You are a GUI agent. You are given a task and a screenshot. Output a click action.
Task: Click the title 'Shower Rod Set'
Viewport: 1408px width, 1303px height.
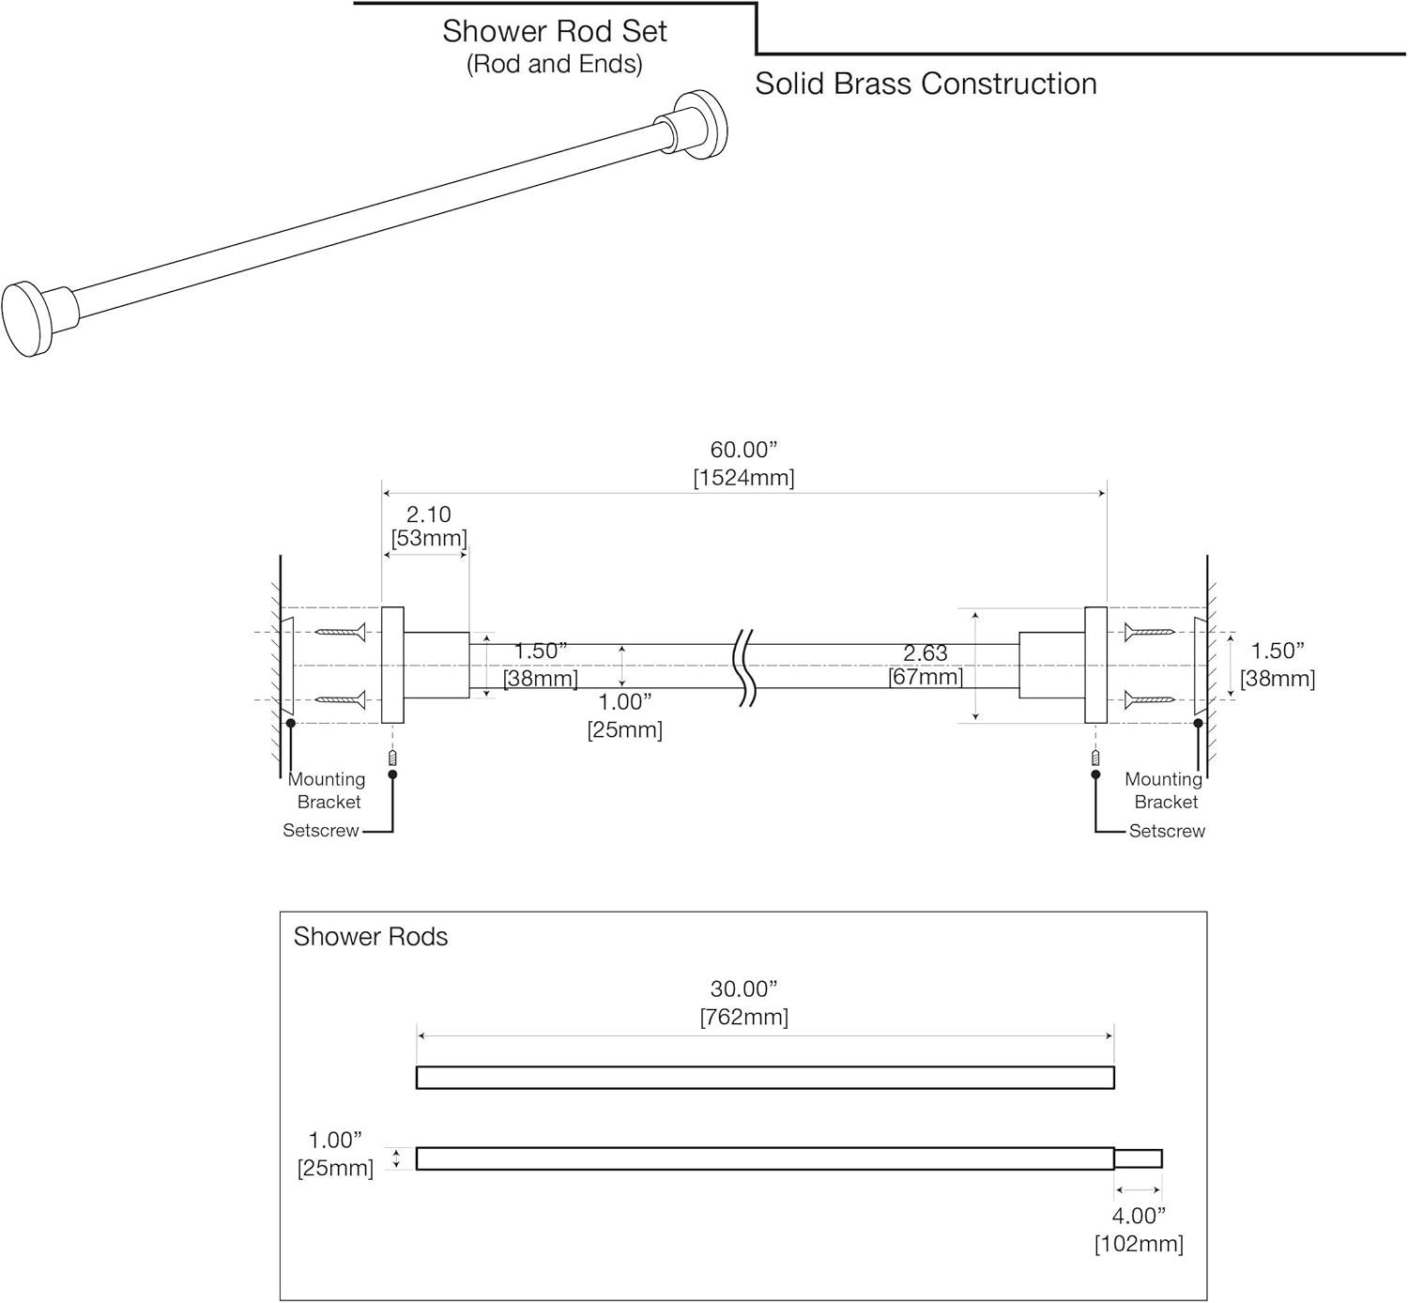554,32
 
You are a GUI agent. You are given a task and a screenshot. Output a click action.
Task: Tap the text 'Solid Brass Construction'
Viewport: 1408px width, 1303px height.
926,84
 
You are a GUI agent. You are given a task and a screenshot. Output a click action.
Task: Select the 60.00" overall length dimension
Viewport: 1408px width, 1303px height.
743,451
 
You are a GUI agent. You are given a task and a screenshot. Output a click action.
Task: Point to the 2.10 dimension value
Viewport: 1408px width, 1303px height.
428,514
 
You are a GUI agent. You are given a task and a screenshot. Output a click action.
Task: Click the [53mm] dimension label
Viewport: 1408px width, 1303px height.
429,538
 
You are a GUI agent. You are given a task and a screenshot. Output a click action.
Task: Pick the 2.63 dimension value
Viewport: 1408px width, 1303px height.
926,652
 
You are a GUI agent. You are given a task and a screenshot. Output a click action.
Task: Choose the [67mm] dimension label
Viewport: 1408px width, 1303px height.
926,677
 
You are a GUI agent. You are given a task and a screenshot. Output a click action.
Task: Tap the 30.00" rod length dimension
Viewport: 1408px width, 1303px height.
744,989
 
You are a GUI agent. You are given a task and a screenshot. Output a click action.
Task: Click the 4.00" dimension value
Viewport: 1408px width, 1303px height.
1139,1217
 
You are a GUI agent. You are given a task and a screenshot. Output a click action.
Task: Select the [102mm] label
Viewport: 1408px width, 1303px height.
1139,1244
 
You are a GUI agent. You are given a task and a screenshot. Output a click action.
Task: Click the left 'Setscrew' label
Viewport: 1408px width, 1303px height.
321,831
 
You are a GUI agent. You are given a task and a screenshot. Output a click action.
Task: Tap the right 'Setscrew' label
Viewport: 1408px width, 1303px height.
1167,831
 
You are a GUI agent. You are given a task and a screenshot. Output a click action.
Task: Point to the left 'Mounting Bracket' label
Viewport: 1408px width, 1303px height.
328,790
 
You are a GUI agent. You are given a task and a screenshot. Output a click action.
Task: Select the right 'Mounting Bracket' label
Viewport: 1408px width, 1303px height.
1165,790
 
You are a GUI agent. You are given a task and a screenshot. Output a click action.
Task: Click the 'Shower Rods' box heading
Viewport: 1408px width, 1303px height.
371,937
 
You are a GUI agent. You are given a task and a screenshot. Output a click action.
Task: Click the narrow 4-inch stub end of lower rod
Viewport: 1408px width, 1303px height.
1138,1158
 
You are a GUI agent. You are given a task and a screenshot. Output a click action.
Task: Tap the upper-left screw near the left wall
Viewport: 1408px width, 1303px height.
339,632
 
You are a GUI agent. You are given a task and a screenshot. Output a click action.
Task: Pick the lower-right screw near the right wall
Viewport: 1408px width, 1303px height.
1150,699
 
